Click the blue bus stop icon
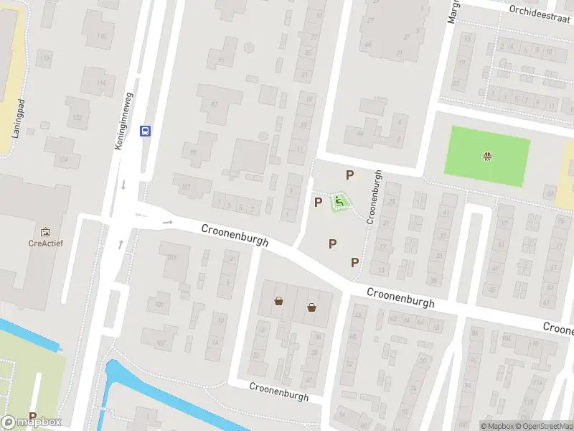(x=146, y=131)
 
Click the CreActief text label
(x=46, y=243)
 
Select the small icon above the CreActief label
(x=46, y=232)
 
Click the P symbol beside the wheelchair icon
(x=318, y=202)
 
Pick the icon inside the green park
(x=489, y=155)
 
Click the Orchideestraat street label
(x=537, y=10)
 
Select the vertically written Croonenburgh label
(x=373, y=197)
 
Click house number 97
(x=214, y=103)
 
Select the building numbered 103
(x=171, y=256)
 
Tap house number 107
(x=161, y=343)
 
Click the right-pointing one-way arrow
(x=168, y=223)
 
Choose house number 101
(x=186, y=188)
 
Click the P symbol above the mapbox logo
(x=32, y=417)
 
